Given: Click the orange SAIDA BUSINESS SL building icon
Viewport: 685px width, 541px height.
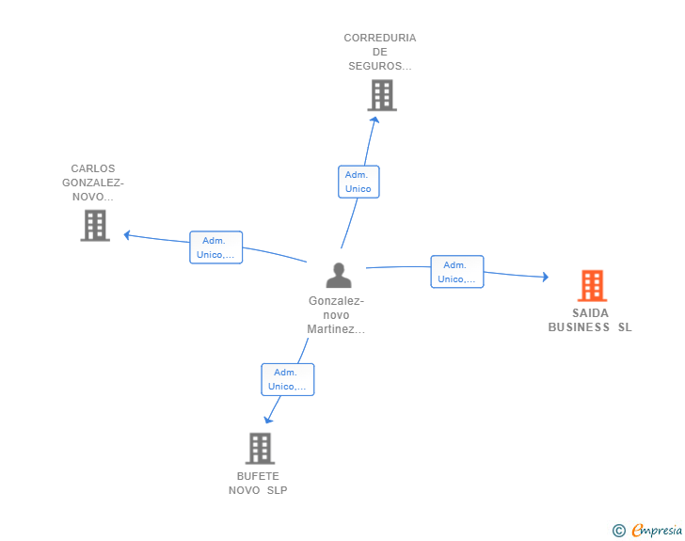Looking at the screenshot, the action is [x=593, y=286].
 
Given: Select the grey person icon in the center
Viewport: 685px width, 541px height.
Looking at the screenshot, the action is [x=339, y=275].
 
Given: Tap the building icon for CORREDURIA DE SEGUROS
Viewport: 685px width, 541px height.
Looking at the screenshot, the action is [x=382, y=95].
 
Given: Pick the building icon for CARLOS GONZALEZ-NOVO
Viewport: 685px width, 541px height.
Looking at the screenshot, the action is [x=95, y=226].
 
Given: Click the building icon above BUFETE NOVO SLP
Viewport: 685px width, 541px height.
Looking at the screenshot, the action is [x=261, y=449].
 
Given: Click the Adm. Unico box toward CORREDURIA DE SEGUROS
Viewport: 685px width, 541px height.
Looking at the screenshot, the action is [x=358, y=182].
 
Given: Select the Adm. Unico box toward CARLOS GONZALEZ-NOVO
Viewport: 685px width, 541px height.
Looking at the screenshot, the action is [x=215, y=247].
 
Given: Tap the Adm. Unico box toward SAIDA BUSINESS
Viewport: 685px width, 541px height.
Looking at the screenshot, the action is [x=457, y=272].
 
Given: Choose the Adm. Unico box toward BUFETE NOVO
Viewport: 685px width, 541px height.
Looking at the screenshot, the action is [x=288, y=380].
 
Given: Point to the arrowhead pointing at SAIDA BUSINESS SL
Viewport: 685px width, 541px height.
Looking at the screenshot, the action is [x=545, y=277].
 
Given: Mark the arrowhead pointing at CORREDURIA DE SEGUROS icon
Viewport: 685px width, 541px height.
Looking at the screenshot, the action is [x=374, y=119].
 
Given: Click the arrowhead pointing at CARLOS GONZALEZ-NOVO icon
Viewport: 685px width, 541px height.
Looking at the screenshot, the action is [x=127, y=235].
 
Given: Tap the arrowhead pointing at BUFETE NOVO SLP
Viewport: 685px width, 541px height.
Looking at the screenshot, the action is [x=268, y=420].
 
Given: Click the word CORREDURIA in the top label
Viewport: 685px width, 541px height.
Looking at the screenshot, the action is [x=380, y=38].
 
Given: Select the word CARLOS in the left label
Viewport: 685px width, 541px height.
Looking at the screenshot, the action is [x=93, y=168].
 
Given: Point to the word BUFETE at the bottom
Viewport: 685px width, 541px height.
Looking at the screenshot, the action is [x=258, y=476].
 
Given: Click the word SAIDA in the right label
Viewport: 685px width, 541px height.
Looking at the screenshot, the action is [x=590, y=313].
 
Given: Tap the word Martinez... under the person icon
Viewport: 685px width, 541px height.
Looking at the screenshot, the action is [x=336, y=329].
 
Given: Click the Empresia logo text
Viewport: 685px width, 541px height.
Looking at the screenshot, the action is [x=657, y=530].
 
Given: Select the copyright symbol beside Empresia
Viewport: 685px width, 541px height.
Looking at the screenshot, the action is [x=618, y=531].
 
